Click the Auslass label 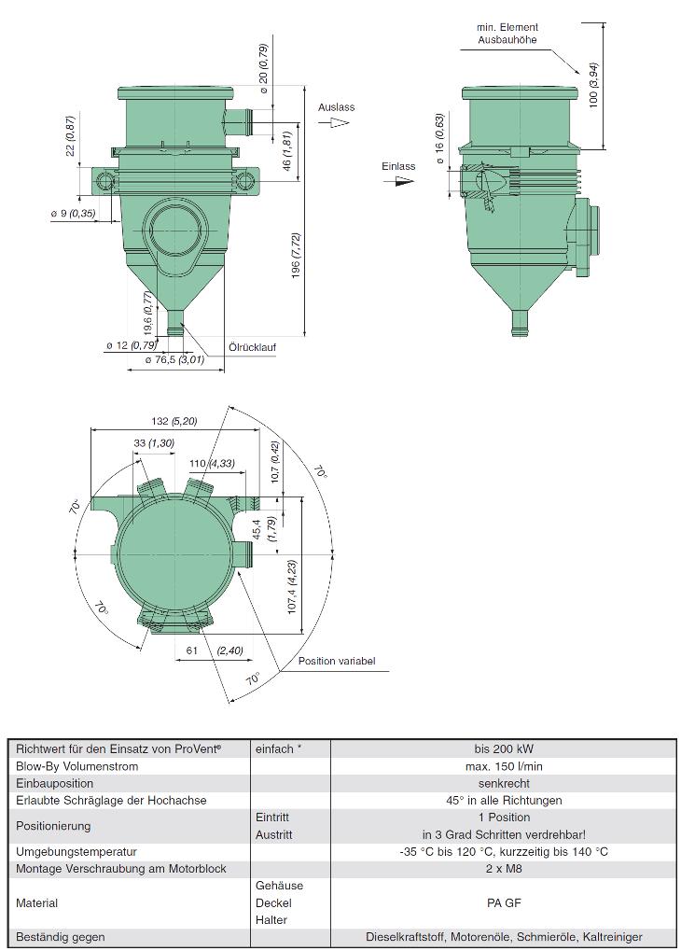point(336,107)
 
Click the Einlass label point(398,166)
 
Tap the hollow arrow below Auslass point(333,122)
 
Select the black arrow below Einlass point(403,181)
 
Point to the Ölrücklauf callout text point(252,346)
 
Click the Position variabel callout point(337,661)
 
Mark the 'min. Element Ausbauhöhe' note point(507,34)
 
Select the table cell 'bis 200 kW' point(504,748)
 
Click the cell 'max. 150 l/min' point(504,766)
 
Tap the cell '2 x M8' point(504,869)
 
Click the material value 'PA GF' point(504,902)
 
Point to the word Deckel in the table point(273,902)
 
